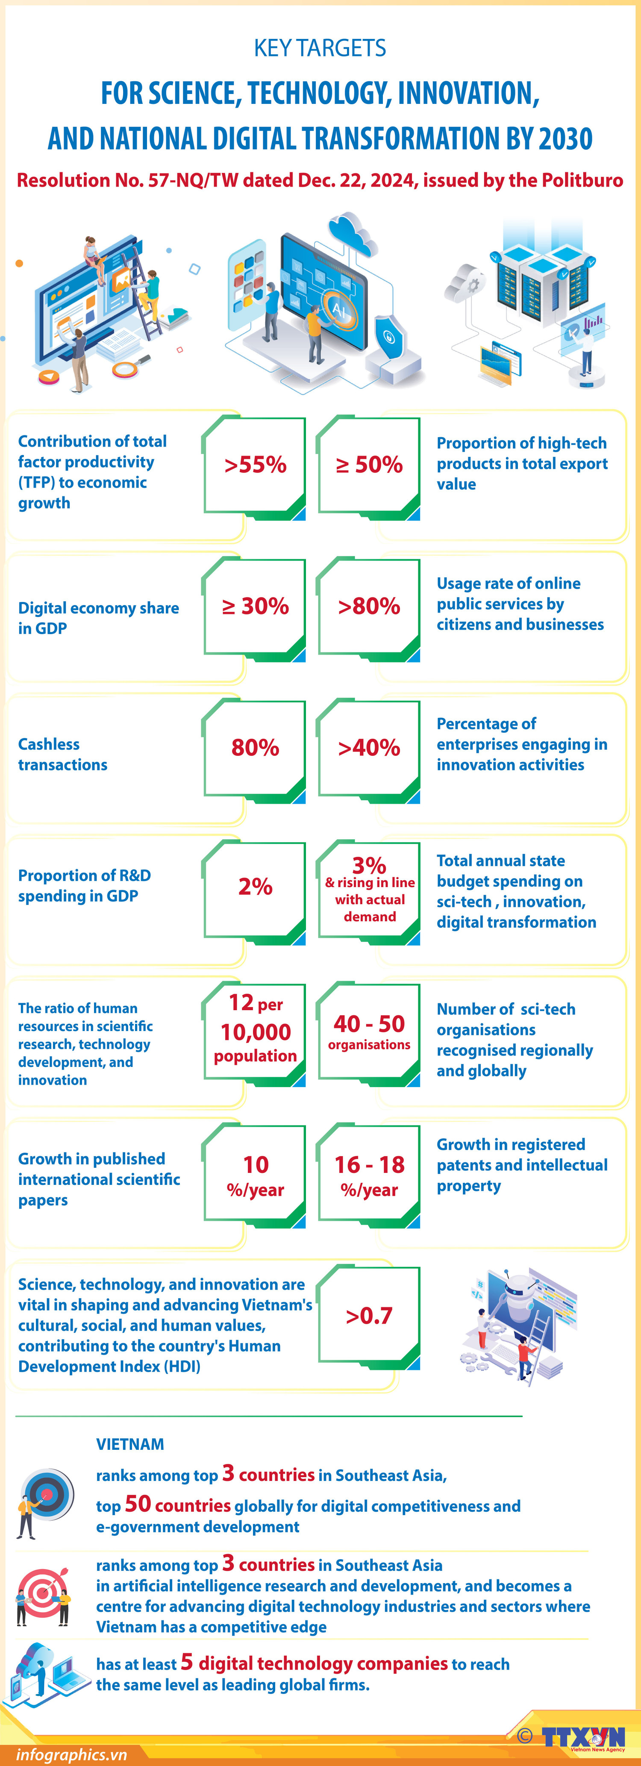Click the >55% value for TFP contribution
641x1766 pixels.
coord(255,465)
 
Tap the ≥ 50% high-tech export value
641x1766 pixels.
coord(369,465)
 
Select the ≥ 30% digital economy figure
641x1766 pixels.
coord(255,606)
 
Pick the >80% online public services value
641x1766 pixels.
coord(369,606)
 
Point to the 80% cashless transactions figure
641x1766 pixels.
coord(255,747)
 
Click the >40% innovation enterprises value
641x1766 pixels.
coord(369,747)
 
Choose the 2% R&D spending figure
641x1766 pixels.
coord(255,887)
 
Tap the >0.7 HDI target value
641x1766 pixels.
coord(369,1316)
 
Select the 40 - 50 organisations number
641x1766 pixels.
coord(369,1024)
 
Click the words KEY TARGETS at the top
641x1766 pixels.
coord(320,48)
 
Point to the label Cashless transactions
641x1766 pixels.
coord(62,754)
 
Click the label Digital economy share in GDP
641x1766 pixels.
coord(98,618)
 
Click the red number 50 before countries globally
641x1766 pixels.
coord(138,1504)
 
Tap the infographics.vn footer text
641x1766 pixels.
coord(71,1754)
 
